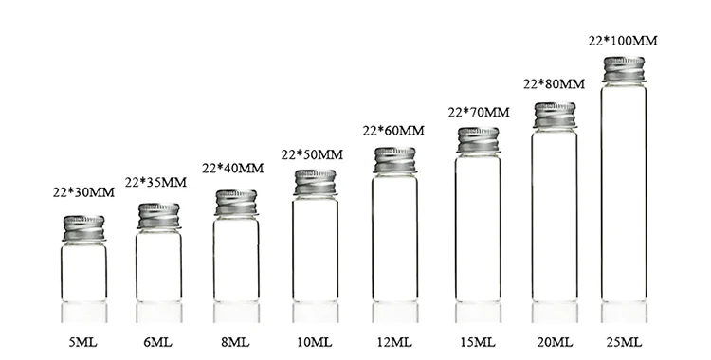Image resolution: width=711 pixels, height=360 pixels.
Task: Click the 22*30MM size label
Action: (x=83, y=192)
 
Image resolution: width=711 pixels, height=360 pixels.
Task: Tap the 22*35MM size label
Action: (x=155, y=182)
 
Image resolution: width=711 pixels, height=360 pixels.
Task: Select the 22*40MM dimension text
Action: (x=232, y=169)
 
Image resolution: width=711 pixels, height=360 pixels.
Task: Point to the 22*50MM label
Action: (x=312, y=154)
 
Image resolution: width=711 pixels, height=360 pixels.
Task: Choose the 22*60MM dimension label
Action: (x=393, y=131)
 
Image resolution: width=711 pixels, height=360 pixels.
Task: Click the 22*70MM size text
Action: (x=479, y=112)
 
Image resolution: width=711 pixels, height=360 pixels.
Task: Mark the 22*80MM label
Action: (x=555, y=84)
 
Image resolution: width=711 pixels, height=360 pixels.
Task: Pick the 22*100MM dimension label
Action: (x=623, y=41)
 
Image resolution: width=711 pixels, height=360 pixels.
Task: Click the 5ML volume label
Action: (x=83, y=342)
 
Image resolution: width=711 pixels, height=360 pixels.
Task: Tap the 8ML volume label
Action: (x=235, y=342)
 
